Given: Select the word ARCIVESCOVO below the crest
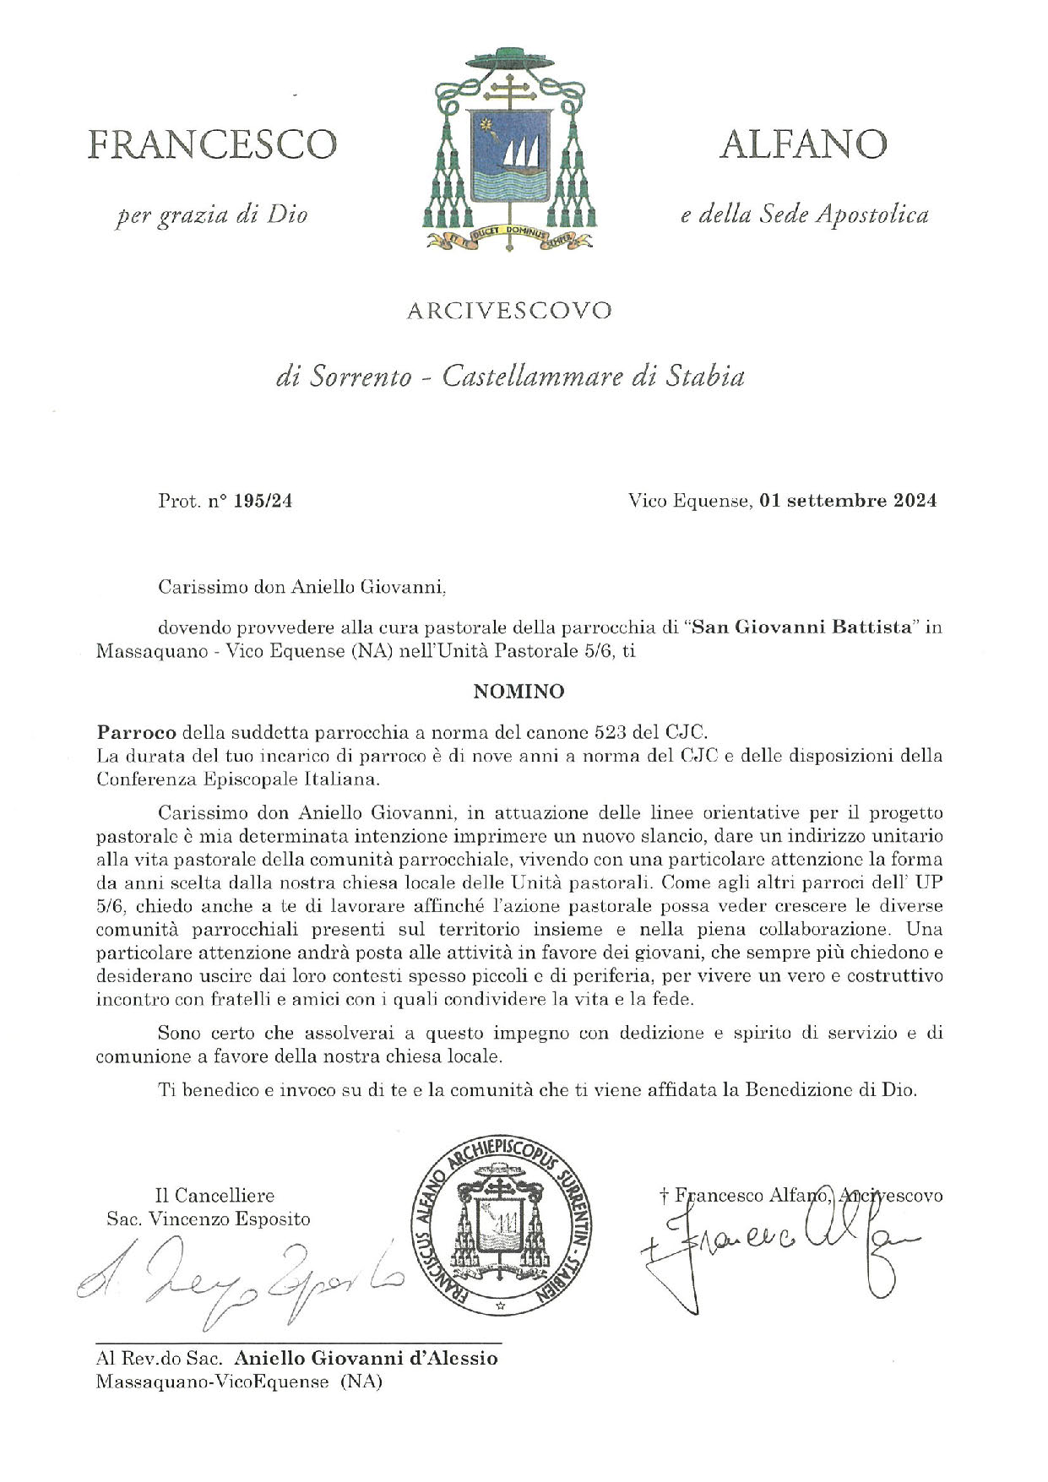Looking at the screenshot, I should click(x=509, y=311).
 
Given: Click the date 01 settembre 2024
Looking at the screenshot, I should click(x=848, y=501).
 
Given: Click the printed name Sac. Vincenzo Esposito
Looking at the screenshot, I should click(x=208, y=1219).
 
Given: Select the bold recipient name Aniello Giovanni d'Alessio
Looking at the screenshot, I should click(x=366, y=1358).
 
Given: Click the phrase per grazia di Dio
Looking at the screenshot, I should click(x=211, y=215).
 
